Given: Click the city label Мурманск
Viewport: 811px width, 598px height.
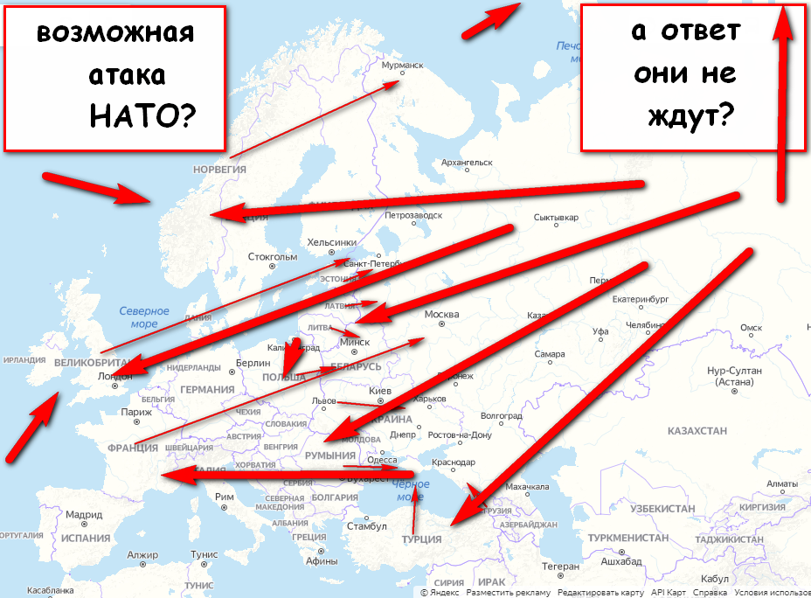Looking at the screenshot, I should point(403,64).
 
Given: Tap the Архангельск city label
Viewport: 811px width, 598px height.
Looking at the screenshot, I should point(468,163).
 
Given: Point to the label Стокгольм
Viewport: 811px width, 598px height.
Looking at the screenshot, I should point(273,257).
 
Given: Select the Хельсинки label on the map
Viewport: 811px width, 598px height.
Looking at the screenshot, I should point(332,242).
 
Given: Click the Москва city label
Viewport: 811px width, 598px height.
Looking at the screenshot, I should point(441,314).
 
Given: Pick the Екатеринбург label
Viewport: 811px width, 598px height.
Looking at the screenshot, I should point(640,298).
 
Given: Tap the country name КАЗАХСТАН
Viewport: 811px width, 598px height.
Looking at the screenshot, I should point(697,431).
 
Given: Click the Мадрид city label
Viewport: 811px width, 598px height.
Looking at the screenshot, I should point(84,515).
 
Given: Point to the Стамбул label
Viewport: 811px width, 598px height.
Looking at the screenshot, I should point(366,526).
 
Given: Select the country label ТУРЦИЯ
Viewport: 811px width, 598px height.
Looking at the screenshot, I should point(421,539).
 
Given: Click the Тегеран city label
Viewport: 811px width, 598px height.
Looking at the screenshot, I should point(560,567).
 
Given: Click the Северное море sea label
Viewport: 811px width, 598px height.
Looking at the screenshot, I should point(143,317).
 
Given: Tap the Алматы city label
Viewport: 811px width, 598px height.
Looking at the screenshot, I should point(781,483).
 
